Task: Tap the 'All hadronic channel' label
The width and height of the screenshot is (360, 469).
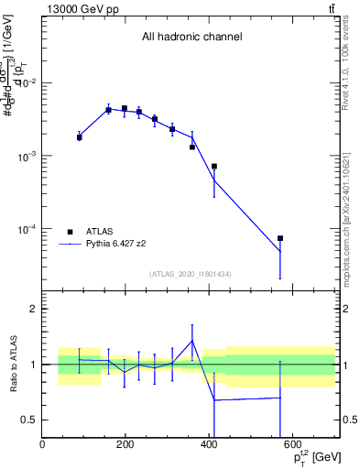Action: click(191, 37)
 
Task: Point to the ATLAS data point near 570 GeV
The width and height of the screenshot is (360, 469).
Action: click(280, 238)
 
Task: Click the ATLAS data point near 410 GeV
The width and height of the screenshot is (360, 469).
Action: click(214, 167)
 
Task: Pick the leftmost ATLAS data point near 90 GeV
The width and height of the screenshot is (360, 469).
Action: click(80, 136)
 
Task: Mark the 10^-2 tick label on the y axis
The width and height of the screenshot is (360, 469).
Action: click(27, 83)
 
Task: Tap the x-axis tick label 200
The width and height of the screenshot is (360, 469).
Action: click(125, 446)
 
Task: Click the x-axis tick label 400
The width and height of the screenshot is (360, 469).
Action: click(210, 446)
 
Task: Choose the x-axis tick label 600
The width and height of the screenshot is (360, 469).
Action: click(293, 446)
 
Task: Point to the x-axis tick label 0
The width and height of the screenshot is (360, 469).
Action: click(43, 446)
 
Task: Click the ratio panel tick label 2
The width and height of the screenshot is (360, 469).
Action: click(32, 310)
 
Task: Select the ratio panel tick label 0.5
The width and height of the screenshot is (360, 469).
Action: click(28, 420)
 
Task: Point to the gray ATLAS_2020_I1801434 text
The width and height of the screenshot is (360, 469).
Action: click(190, 274)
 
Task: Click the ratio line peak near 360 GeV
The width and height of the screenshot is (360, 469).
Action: click(192, 341)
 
